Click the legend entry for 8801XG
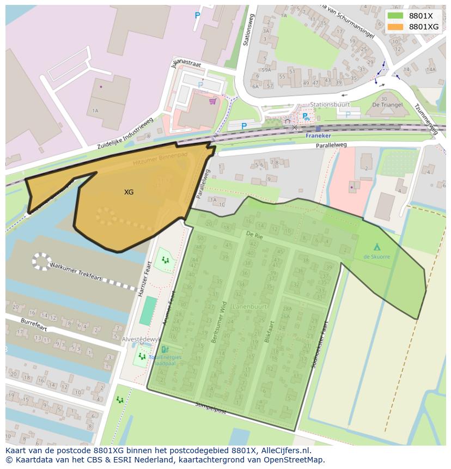(x=423, y=27)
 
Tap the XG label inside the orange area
(x=129, y=192)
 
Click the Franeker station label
(x=318, y=136)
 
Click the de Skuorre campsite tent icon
(x=377, y=247)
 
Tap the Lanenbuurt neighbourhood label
(x=249, y=307)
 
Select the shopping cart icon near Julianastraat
(x=212, y=101)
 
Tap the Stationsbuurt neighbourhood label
(x=330, y=104)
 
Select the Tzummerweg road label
(x=427, y=119)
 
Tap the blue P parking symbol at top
(x=197, y=16)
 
